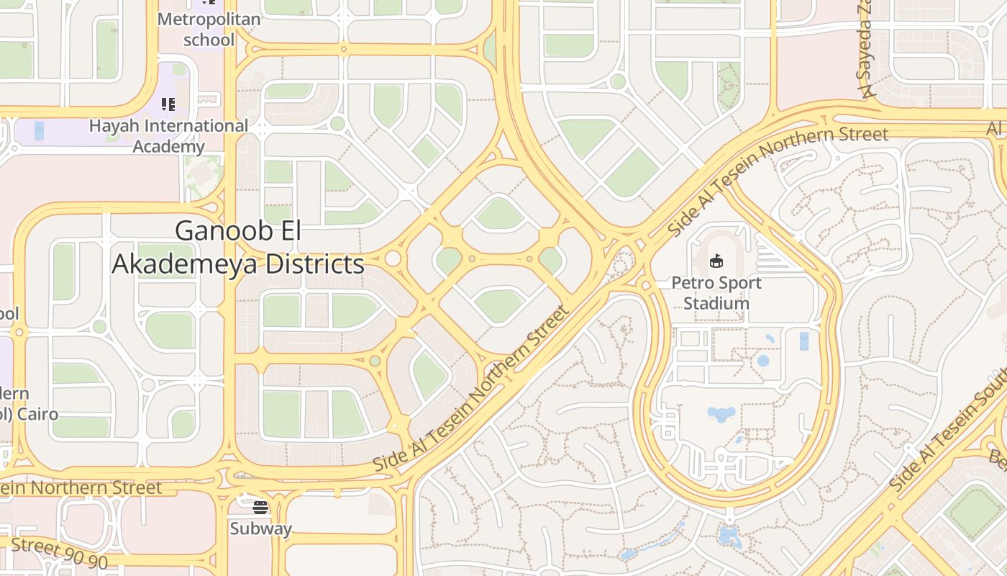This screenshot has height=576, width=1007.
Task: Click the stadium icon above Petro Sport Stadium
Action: pyautogui.click(x=716, y=261)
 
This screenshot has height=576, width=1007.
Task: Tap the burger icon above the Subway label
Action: pyautogui.click(x=260, y=508)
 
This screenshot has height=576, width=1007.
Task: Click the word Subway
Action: pyautogui.click(x=260, y=528)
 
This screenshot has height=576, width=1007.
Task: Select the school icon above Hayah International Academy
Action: pyautogui.click(x=168, y=105)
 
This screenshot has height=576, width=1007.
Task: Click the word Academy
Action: pyautogui.click(x=168, y=147)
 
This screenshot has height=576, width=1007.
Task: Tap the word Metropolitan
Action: pyautogui.click(x=209, y=19)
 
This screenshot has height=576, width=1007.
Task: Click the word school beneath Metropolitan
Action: pyautogui.click(x=209, y=40)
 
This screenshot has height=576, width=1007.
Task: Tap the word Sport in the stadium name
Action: pyautogui.click(x=737, y=283)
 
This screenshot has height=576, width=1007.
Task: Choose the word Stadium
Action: pyautogui.click(x=716, y=303)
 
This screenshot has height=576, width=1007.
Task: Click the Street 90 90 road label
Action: pyautogui.click(x=59, y=553)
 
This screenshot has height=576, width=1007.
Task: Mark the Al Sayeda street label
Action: pyautogui.click(x=865, y=54)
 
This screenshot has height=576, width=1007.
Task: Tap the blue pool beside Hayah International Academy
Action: pyautogui.click(x=39, y=130)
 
